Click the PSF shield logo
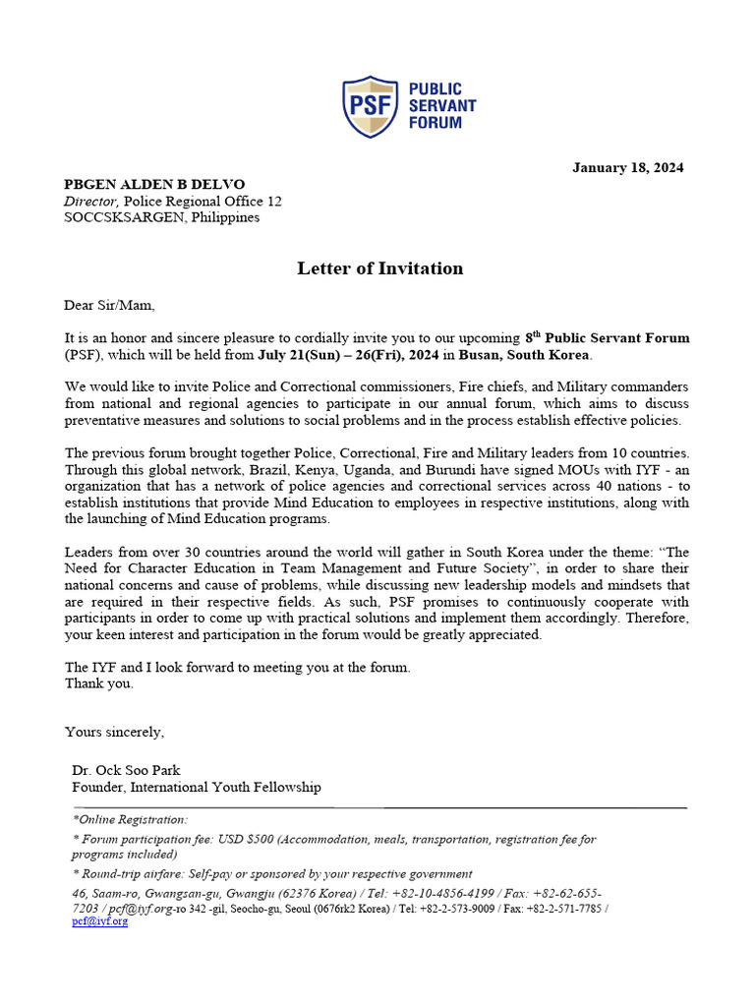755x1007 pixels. (370, 106)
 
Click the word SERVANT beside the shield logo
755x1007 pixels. (442, 106)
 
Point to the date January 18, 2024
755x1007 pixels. (628, 167)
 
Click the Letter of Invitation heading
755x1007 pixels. (379, 268)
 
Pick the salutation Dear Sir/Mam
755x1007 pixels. (109, 305)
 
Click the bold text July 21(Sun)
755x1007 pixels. (297, 354)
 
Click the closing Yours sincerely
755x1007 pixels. (114, 732)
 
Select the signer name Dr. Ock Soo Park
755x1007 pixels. (126, 770)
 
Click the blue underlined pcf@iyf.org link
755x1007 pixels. (99, 921)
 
